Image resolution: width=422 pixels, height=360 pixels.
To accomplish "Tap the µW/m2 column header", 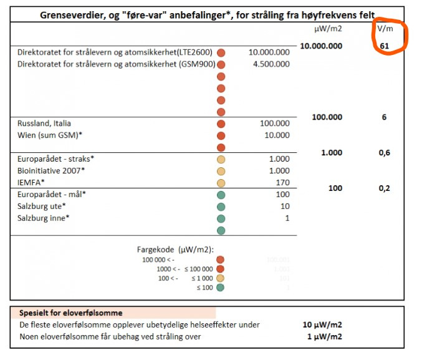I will (327, 29).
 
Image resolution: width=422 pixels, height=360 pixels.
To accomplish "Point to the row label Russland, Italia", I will (44, 124).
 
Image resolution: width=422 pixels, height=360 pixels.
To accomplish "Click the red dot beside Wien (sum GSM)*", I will (221, 135).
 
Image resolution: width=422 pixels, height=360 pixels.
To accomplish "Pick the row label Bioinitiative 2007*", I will (52, 170).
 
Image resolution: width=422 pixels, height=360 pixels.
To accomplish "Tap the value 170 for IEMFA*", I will (282, 182).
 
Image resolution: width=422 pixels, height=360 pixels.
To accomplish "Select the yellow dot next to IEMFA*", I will (221, 183).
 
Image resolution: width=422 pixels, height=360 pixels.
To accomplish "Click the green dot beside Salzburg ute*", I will (221, 207).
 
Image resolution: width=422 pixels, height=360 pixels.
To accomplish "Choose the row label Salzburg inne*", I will (44, 218).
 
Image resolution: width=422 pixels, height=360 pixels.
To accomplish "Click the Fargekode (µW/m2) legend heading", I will (175, 250).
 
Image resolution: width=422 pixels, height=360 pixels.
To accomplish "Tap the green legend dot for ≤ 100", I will (220, 287).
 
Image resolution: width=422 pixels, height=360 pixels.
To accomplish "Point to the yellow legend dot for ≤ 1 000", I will (220, 278).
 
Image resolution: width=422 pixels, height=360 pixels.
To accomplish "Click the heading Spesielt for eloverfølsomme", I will (70, 313).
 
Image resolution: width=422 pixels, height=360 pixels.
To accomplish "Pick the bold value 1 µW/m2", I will (325, 337).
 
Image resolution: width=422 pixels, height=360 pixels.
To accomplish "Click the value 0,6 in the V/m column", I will (384, 153).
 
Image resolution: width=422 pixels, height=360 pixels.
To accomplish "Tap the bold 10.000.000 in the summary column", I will (321, 46).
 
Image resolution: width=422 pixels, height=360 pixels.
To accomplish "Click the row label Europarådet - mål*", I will (52, 194).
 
